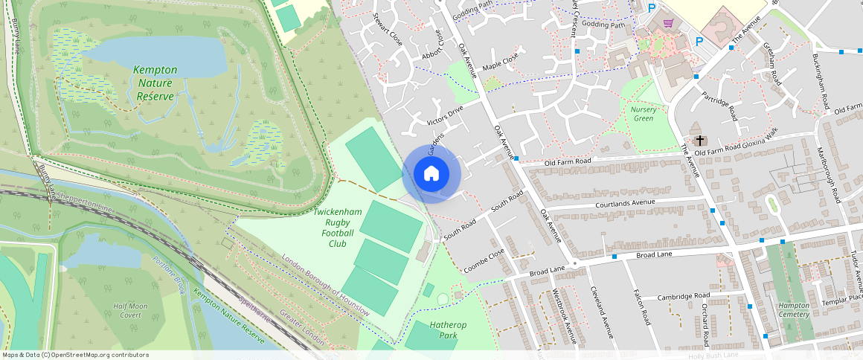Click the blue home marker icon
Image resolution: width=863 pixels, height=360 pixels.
coord(431,174)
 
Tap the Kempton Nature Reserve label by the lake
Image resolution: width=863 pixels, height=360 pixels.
coord(155,83)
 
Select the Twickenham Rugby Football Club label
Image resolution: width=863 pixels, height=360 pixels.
coord(337,228)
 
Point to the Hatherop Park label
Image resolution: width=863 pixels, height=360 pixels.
coord(446,330)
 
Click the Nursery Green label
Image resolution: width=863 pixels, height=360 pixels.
coord(643,114)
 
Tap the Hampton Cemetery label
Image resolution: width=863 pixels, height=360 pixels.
coord(793,310)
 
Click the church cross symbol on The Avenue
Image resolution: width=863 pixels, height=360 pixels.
coord(699,141)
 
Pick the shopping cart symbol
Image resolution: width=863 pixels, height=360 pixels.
coord(668,23)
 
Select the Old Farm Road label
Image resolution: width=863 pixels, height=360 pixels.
coord(567,161)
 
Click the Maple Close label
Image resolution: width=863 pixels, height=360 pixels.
coord(500,62)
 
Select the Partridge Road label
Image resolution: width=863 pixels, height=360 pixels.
coord(719,107)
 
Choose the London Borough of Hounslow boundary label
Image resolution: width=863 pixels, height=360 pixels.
coord(325,286)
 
